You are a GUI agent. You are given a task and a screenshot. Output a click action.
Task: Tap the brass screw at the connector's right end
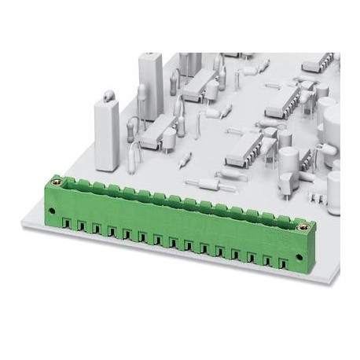click(x=300, y=226)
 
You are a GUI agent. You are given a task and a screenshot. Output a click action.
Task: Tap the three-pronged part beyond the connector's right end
click(x=317, y=196)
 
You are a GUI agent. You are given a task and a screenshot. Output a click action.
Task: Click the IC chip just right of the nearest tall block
click(x=162, y=130)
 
